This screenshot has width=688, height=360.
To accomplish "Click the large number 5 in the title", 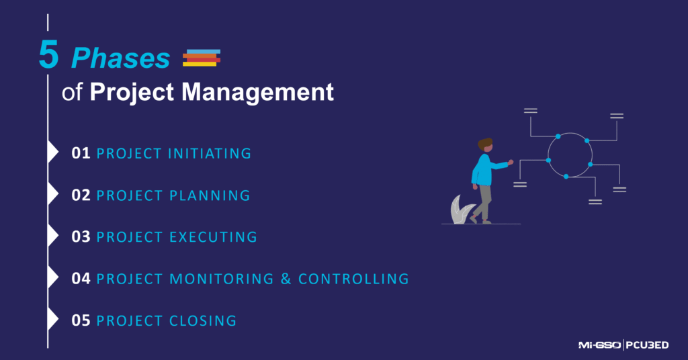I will click(48, 56).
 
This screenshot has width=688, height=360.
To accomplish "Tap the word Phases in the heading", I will click(121, 59).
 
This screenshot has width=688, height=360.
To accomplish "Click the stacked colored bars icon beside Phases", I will click(202, 58).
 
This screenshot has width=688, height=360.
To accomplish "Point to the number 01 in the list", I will click(81, 154).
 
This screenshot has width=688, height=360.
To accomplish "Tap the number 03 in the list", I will click(81, 237).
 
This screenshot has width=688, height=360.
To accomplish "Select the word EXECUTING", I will click(212, 237).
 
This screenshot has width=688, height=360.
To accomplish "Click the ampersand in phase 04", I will click(286, 279).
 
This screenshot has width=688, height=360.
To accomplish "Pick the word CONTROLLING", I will click(353, 279).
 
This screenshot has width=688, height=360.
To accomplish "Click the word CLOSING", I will click(204, 321).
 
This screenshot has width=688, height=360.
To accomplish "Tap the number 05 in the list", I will click(81, 321).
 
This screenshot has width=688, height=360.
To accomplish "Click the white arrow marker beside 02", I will click(53, 195).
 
